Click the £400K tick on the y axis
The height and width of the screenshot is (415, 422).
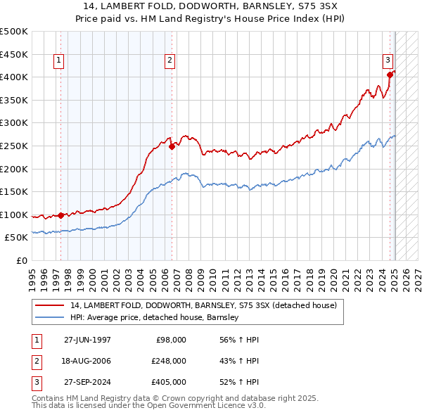(x=14, y=77)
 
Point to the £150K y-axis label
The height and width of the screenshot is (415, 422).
(x=14, y=191)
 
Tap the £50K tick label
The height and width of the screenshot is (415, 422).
(x=17, y=238)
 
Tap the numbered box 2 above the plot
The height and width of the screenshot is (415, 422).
(x=170, y=61)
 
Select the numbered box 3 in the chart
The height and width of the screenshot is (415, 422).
(x=388, y=60)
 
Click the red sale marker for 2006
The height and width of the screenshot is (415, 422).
(x=172, y=147)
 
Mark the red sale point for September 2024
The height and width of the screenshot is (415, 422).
(x=390, y=75)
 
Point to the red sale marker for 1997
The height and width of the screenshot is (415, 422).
(x=61, y=215)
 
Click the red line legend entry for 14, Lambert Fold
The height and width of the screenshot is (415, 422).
(x=204, y=305)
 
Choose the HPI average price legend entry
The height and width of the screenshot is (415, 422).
(x=155, y=317)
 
